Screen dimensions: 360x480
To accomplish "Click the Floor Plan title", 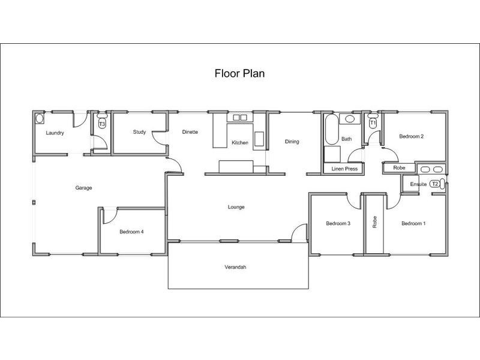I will pyautogui.click(x=239, y=74).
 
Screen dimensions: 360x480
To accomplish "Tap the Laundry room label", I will pyautogui.click(x=55, y=133).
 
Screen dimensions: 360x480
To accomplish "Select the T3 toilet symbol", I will pyautogui.click(x=102, y=124).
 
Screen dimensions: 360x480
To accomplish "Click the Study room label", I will pyautogui.click(x=139, y=132).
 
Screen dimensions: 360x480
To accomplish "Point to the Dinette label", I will pyautogui.click(x=190, y=132).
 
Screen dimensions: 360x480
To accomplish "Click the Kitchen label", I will pyautogui.click(x=240, y=143).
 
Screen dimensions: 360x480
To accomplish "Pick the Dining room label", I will pyautogui.click(x=292, y=142).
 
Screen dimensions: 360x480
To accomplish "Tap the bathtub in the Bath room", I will pyautogui.click(x=331, y=131).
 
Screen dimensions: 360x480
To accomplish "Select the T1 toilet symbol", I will pyautogui.click(x=373, y=123).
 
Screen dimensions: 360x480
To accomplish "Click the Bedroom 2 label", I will pyautogui.click(x=412, y=136).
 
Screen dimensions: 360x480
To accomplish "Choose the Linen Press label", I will pyautogui.click(x=344, y=169).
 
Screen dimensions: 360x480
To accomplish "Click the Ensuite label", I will pyautogui.click(x=418, y=184).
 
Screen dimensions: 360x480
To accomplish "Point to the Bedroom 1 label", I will pyautogui.click(x=413, y=224).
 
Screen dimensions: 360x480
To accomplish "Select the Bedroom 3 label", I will pyautogui.click(x=338, y=224).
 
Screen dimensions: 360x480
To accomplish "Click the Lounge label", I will pyautogui.click(x=236, y=207).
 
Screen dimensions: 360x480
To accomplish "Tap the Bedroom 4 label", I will pyautogui.click(x=131, y=232).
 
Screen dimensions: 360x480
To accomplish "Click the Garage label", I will pyautogui.click(x=83, y=188).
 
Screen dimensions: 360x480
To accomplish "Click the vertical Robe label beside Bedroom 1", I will pyautogui.click(x=375, y=222).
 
